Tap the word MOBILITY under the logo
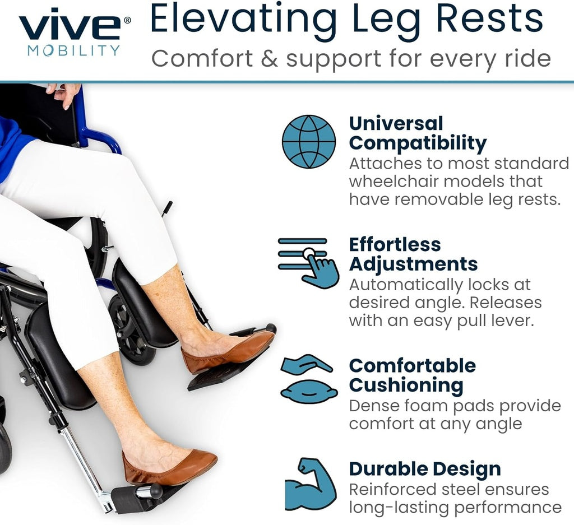[73, 51]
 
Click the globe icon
[309, 141]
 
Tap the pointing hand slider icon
[309, 262]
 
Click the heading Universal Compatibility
[418, 133]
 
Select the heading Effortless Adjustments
[413, 254]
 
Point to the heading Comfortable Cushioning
[412, 375]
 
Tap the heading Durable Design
[425, 468]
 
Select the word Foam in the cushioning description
[414, 406]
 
